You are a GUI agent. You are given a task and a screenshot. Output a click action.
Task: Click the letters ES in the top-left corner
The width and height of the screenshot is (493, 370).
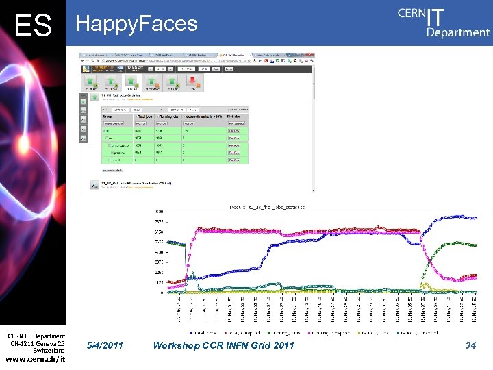(33, 25)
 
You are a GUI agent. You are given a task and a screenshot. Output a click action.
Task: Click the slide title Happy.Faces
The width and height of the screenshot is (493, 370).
(136, 24)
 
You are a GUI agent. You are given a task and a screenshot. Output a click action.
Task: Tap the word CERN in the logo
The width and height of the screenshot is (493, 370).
(411, 15)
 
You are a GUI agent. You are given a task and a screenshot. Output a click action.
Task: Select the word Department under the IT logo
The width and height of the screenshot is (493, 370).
(458, 32)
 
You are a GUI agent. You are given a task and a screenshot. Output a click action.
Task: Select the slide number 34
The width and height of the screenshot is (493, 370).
(470, 345)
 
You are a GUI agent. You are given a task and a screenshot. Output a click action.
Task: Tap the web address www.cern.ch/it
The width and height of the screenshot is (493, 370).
(35, 360)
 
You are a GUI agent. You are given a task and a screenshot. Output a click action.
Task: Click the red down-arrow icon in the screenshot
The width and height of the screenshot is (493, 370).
(192, 82)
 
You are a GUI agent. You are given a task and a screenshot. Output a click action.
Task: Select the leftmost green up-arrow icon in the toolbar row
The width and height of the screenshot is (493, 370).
(91, 82)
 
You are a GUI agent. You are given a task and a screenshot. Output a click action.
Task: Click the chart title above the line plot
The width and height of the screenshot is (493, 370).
(267, 206)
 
